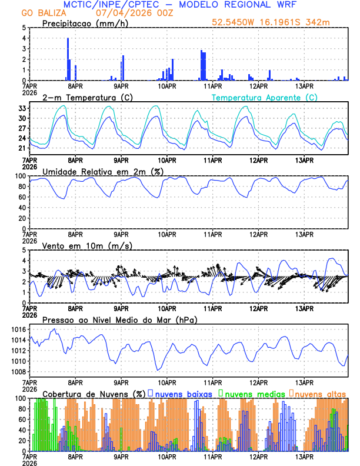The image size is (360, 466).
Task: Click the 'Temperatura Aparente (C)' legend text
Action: coord(265,97)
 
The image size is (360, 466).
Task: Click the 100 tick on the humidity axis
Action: coord(19,176)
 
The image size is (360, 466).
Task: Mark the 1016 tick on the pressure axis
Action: coord(19,329)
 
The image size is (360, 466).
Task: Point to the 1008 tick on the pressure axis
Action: coord(19,372)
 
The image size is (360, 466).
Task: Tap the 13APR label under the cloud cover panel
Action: coord(304,456)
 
